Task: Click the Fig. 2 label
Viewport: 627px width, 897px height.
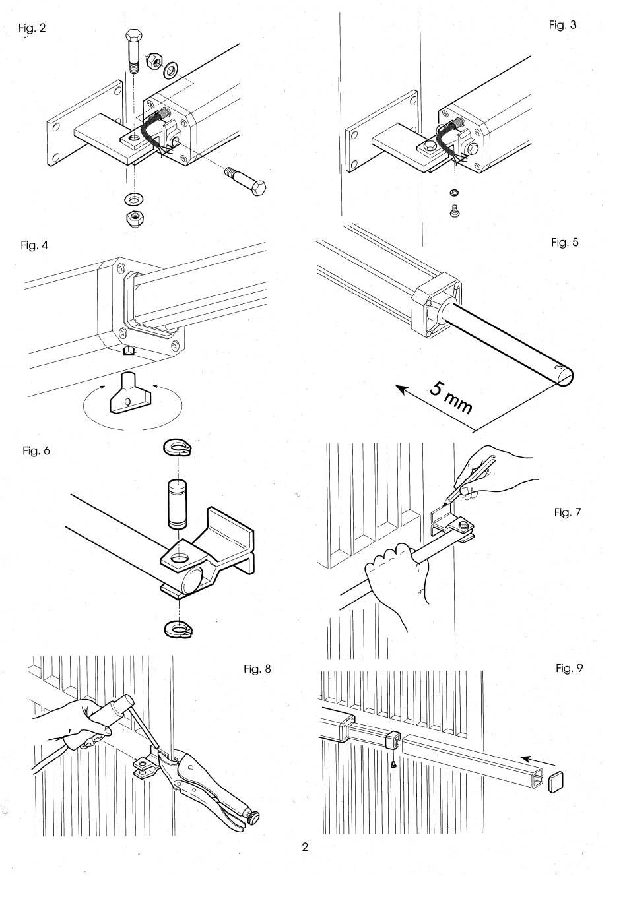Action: tap(32, 28)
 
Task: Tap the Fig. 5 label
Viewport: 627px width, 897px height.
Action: tap(565, 242)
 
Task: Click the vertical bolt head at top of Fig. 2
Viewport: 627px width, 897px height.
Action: tap(133, 37)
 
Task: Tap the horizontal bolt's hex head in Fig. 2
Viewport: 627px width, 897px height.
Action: tap(258, 187)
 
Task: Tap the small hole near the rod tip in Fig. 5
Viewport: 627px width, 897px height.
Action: tap(557, 367)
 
